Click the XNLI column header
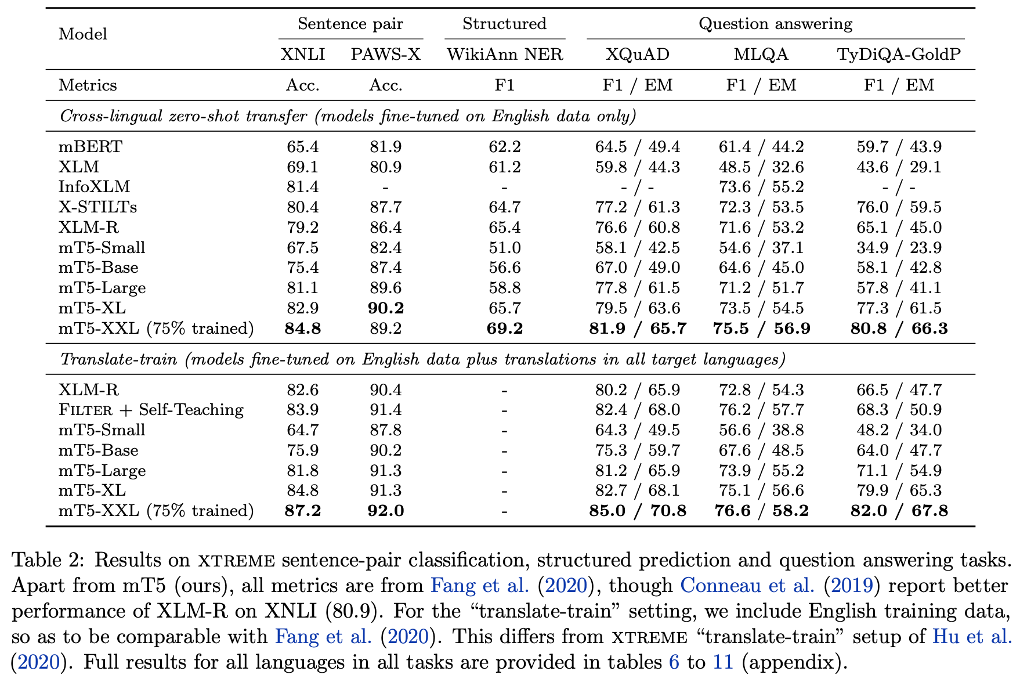point(303,55)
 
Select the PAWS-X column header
point(385,55)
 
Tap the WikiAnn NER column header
point(504,55)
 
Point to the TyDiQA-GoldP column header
point(898,55)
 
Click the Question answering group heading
point(775,24)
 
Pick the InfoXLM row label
point(94,187)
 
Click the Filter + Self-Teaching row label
point(151,410)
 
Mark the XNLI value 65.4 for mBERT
point(303,147)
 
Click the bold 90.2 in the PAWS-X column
point(385,308)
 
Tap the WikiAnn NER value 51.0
point(504,248)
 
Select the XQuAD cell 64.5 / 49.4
point(637,147)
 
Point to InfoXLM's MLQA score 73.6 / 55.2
point(761,187)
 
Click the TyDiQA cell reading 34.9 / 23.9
point(898,248)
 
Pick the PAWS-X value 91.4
point(385,410)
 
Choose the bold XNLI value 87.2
point(303,511)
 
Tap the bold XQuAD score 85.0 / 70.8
point(637,511)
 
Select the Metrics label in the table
point(88,85)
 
